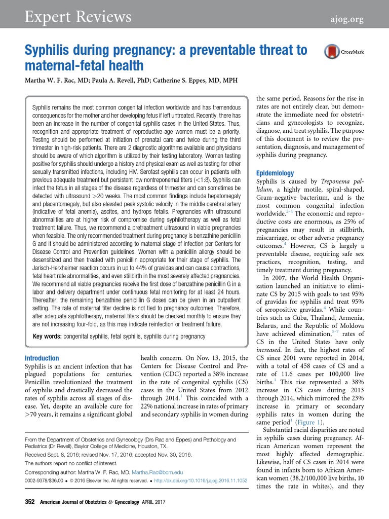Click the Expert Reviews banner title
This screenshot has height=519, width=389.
point(79,18)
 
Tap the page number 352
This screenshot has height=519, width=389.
point(30,502)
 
